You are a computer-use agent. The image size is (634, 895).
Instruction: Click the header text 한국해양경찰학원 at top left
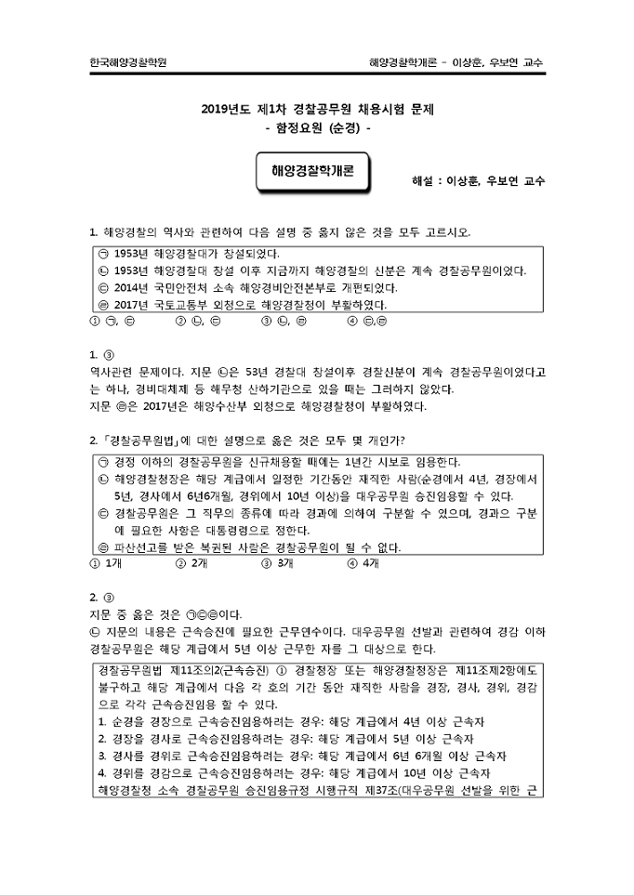129,62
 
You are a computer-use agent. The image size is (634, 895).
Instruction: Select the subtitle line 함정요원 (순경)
317,128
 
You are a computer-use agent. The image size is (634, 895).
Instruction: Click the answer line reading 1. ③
101,354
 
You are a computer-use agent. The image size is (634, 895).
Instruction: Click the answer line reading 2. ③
101,596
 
